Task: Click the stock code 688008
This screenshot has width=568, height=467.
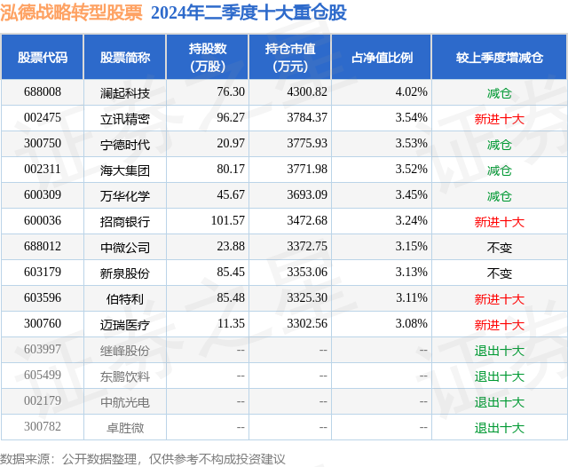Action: [43, 91]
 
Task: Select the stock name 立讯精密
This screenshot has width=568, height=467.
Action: [125, 117]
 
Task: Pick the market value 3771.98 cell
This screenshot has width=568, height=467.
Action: [308, 170]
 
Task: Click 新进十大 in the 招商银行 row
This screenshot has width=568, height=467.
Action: [499, 222]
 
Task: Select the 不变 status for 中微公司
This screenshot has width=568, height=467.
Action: [499, 248]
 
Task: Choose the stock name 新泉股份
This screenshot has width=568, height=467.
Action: [125, 273]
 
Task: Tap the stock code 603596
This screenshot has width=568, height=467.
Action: [43, 299]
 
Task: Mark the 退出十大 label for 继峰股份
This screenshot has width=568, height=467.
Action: [499, 351]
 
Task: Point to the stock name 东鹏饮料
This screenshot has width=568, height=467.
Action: [125, 376]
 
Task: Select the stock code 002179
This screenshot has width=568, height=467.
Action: [43, 402]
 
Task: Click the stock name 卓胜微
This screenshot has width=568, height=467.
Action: [125, 428]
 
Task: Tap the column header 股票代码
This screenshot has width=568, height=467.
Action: [43, 57]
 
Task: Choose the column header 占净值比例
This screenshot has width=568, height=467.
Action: [383, 57]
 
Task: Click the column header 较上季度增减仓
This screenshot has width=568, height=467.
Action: [499, 57]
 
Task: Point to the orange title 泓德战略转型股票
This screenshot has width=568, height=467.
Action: [72, 12]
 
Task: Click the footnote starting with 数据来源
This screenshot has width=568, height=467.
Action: [143, 458]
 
